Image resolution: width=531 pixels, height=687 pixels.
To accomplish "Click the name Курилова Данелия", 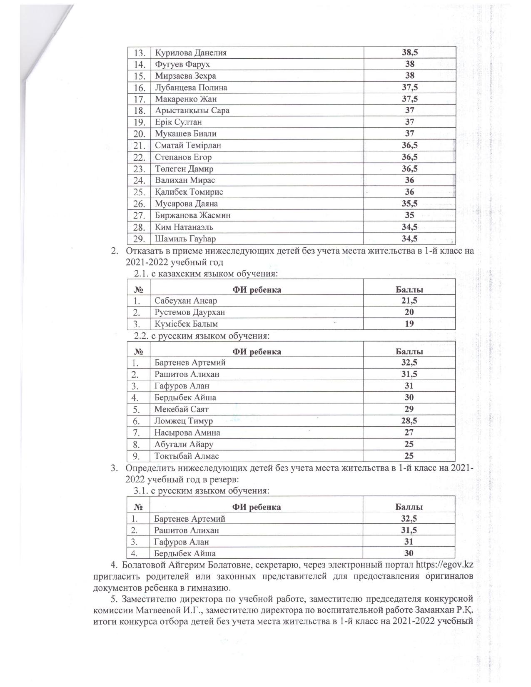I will tap(191, 53).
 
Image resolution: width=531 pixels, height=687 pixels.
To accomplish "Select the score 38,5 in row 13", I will tap(410, 52).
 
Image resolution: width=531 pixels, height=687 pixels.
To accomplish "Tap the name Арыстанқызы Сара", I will tap(192, 111).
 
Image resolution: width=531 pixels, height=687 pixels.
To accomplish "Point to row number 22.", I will tap(139, 158).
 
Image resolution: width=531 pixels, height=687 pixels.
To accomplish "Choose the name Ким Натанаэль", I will tap(184, 227).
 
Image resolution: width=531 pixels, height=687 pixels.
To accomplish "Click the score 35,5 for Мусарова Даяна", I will tap(410, 204).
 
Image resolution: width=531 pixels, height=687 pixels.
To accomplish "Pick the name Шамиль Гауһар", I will tap(185, 239).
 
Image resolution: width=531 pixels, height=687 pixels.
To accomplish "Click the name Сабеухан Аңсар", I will tap(186, 301).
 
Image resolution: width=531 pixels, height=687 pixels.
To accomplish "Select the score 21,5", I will tap(409, 301).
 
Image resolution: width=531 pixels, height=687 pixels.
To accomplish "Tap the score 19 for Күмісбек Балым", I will tap(409, 324).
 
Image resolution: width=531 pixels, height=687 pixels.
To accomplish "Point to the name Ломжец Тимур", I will tap(184, 421).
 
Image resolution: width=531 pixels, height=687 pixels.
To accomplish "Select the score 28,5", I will tap(409, 421).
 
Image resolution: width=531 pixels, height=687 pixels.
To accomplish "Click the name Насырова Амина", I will tap(187, 433).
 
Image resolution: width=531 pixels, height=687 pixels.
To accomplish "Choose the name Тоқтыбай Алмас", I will tap(187, 456).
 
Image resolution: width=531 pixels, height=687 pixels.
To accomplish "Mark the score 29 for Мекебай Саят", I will tap(409, 409).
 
